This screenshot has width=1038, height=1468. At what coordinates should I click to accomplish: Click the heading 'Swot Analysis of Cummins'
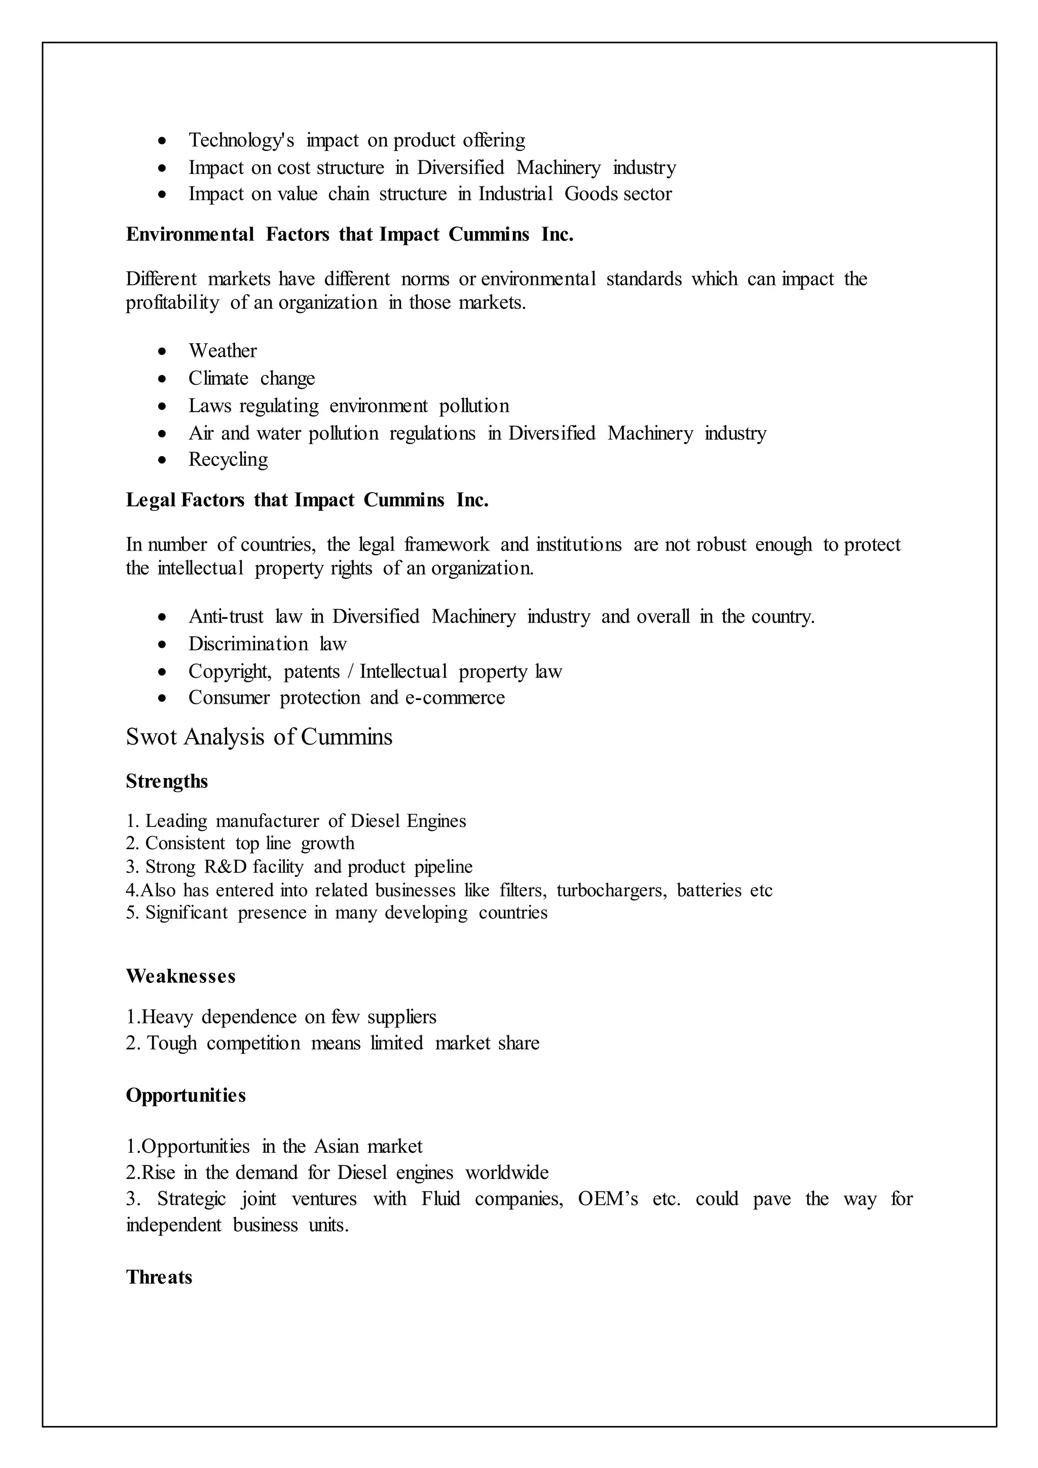click(x=259, y=737)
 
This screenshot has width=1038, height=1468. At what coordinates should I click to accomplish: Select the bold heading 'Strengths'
click(x=167, y=781)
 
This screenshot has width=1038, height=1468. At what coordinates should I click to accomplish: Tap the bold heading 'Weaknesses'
click(x=180, y=976)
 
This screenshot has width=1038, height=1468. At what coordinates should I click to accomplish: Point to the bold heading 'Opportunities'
click(x=186, y=1095)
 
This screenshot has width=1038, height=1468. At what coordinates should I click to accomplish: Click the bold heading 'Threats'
click(x=159, y=1277)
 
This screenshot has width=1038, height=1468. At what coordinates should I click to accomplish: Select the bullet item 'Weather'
click(x=223, y=351)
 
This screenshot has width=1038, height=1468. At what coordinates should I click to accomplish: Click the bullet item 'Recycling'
click(x=228, y=460)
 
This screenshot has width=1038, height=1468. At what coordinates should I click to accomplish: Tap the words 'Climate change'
click(x=251, y=379)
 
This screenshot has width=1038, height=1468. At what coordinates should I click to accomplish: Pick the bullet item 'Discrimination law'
click(x=267, y=644)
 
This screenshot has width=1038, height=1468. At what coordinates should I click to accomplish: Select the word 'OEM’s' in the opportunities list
click(x=607, y=1199)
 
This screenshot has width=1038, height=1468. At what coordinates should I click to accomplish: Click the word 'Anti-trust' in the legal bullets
click(x=226, y=616)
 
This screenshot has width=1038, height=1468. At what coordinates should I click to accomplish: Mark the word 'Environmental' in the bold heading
click(x=190, y=235)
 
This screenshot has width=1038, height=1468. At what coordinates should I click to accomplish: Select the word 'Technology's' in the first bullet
click(x=241, y=140)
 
